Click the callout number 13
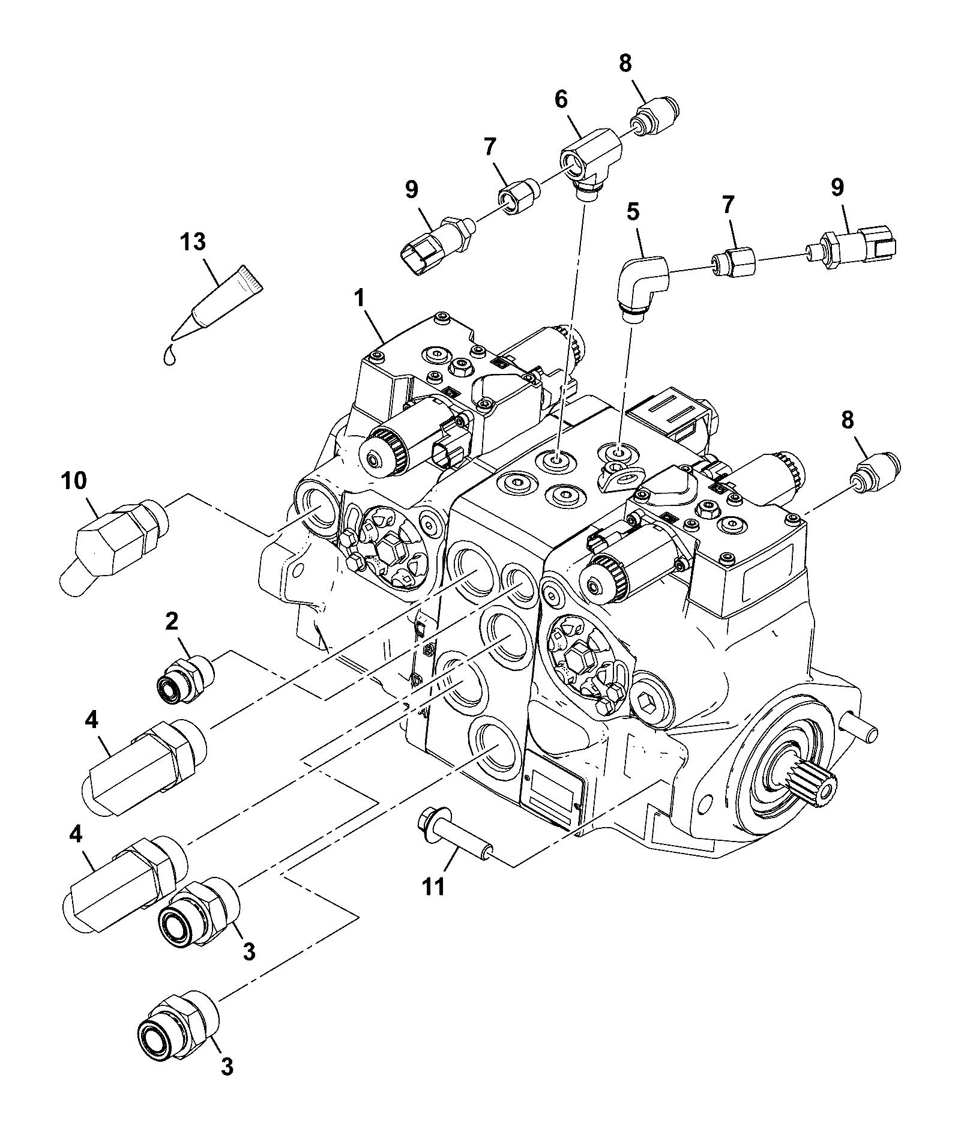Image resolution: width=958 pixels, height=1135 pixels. pyautogui.click(x=193, y=242)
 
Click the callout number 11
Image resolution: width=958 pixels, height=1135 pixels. pyautogui.click(x=433, y=886)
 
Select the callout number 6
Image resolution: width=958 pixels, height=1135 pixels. pyautogui.click(x=561, y=100)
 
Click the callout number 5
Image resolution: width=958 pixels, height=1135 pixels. pyautogui.click(x=633, y=212)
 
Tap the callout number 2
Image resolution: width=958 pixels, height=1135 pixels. pyautogui.click(x=172, y=622)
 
